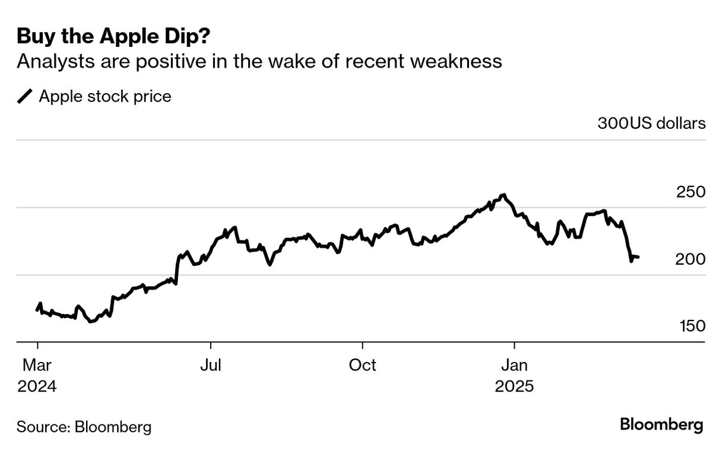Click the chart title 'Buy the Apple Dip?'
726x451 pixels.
coord(113,37)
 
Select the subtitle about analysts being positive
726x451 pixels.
coord(259,61)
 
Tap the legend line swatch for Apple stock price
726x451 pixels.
coord(26,96)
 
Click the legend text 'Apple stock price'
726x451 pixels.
coord(105,96)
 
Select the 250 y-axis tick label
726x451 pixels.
coord(690,192)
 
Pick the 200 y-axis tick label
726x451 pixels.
coord(690,259)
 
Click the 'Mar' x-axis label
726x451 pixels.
coord(37,365)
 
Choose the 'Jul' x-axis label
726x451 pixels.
coord(210,365)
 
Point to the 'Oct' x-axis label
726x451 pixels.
coord(362,365)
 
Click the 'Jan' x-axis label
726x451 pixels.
coord(514,365)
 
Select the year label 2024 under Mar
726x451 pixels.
coord(37,387)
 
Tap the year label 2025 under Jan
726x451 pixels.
coord(514,387)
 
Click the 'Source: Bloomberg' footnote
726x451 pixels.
coord(84,427)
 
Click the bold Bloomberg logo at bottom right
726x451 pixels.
coord(661,425)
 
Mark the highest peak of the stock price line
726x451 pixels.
coord(504,195)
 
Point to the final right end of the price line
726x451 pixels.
coord(638,257)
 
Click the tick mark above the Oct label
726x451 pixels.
coord(362,346)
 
